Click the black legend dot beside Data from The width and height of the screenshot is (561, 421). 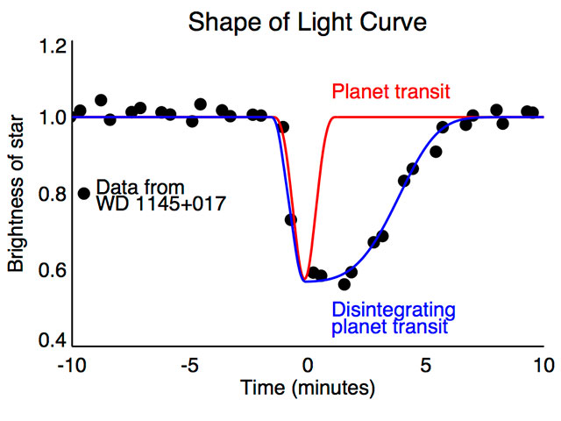click(x=84, y=193)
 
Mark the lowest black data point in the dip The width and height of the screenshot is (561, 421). click(x=344, y=284)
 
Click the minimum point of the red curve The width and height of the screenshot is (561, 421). click(x=306, y=280)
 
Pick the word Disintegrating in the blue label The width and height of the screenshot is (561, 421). click(x=393, y=310)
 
